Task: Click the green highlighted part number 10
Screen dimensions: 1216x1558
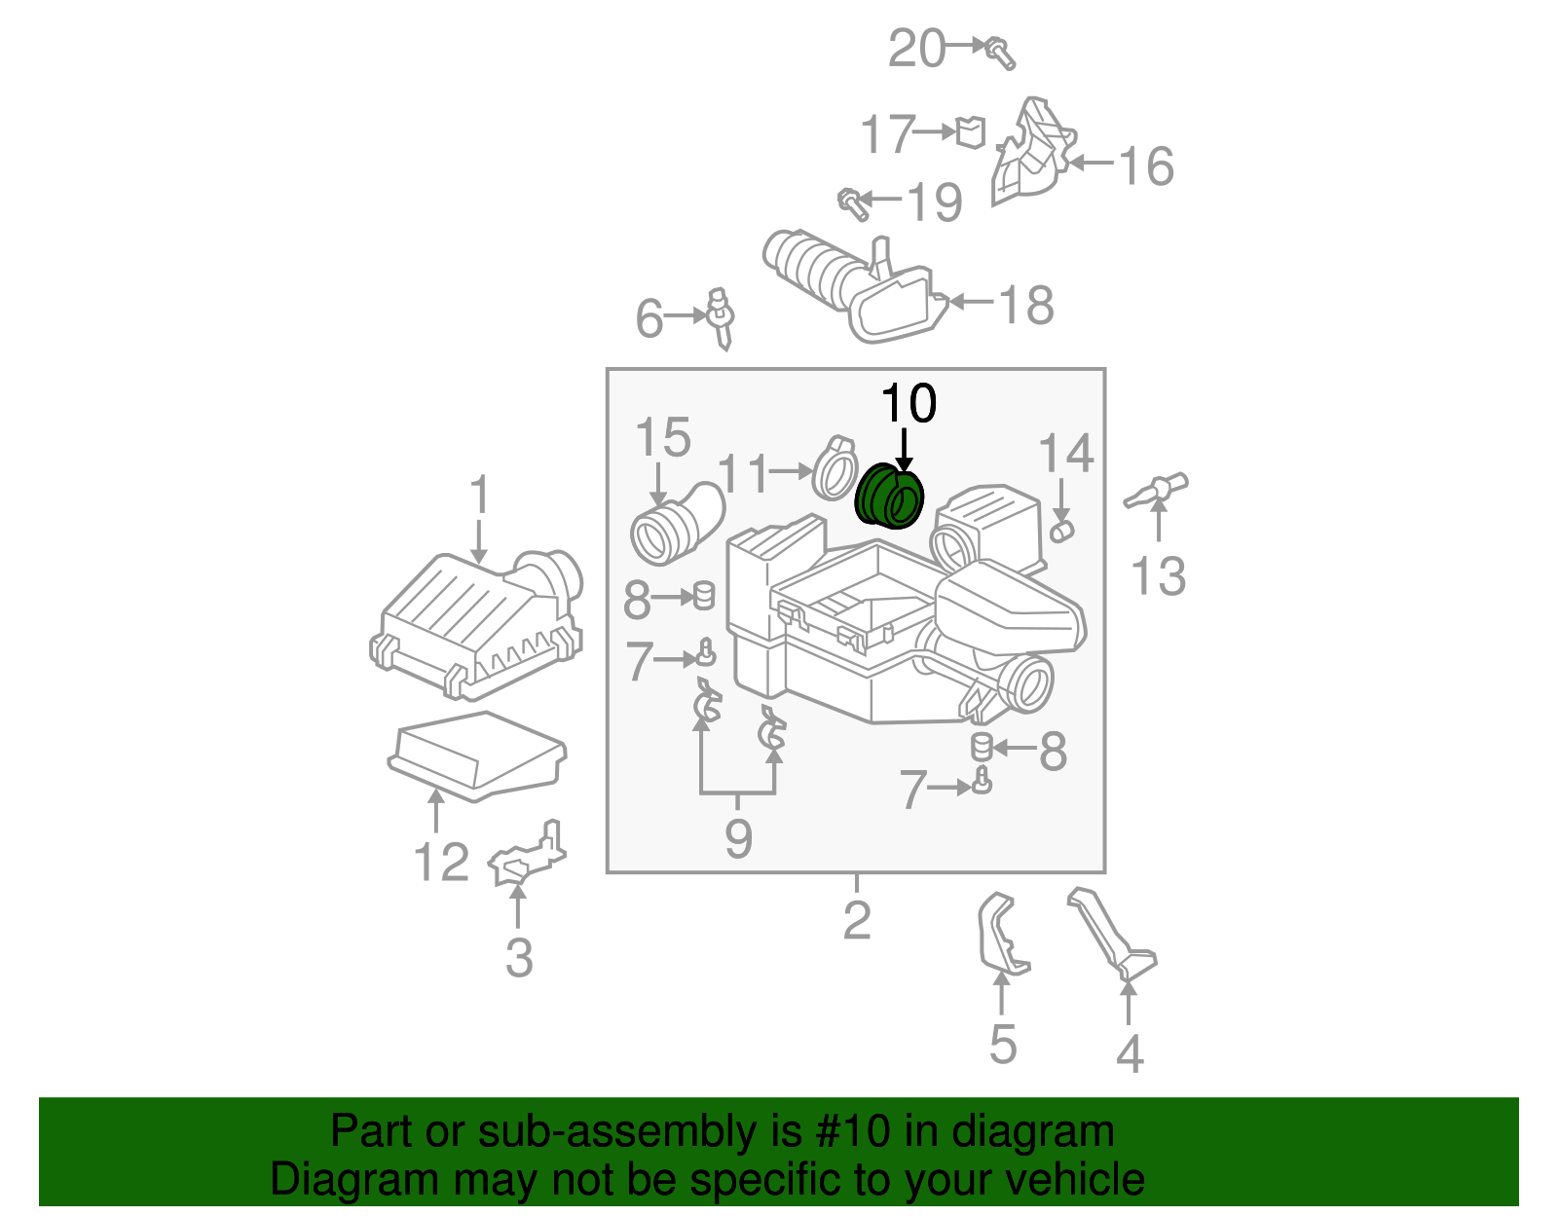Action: [888, 497]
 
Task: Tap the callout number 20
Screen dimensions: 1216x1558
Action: [916, 49]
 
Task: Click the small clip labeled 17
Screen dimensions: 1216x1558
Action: [970, 131]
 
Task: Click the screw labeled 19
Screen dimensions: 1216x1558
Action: [852, 203]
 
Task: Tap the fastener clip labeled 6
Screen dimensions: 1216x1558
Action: [721, 316]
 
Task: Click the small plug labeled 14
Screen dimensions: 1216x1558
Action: [1060, 530]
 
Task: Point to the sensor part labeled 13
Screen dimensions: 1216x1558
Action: [1157, 490]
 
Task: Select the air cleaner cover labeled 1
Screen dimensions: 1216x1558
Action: [477, 623]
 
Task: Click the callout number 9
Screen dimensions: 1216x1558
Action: [738, 838]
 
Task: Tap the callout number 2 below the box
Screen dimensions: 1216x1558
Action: [856, 920]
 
